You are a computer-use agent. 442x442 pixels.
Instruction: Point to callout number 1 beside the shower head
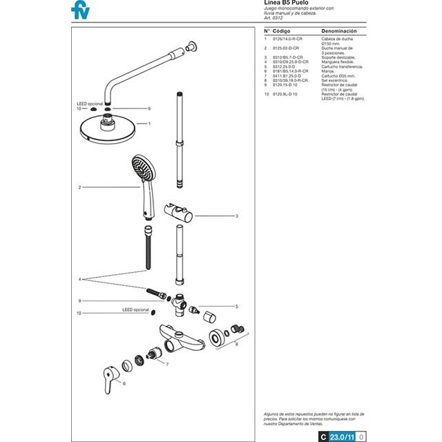click(148, 124)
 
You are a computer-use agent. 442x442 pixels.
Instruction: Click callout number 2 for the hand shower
click(80, 187)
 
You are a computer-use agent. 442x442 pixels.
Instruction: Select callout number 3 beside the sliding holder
click(237, 216)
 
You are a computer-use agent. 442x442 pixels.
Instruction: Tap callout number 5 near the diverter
click(237, 306)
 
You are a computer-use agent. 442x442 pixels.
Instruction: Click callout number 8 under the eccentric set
click(237, 344)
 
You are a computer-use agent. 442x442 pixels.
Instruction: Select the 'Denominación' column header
click(339, 32)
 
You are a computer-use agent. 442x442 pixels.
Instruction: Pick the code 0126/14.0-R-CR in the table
click(288, 39)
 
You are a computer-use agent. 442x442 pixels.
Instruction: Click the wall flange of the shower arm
click(191, 48)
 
